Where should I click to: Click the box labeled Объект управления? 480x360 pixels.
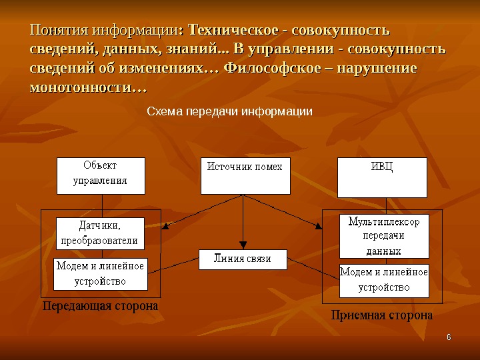[x=100, y=175]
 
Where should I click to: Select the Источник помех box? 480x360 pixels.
[x=245, y=176]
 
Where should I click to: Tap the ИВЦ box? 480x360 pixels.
[x=382, y=177]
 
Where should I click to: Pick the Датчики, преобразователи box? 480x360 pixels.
[x=100, y=233]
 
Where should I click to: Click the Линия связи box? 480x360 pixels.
[x=243, y=259]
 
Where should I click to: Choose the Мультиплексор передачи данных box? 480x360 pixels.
[x=384, y=235]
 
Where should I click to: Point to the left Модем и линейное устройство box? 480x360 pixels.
[x=100, y=274]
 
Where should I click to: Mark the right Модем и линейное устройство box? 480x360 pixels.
[x=384, y=280]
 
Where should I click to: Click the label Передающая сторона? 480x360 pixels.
[x=101, y=307]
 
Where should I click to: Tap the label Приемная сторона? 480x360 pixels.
[x=382, y=315]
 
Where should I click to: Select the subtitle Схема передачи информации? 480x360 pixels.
[x=229, y=111]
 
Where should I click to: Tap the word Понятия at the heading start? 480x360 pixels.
[x=59, y=31]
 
